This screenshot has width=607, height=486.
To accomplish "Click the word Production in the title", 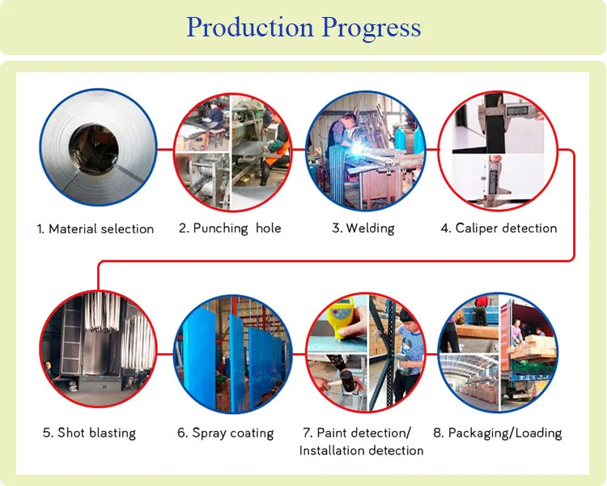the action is pyautogui.click(x=250, y=28).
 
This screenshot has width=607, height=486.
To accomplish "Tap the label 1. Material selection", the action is pyautogui.click(x=96, y=229).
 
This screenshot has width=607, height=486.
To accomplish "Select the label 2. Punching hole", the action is pyautogui.click(x=230, y=228).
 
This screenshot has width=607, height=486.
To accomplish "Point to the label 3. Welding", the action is pyautogui.click(x=363, y=228).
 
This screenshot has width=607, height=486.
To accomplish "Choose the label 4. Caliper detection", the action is pyautogui.click(x=499, y=228).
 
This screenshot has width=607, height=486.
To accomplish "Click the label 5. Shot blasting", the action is pyautogui.click(x=89, y=433).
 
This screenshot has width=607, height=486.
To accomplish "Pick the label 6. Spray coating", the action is pyautogui.click(x=225, y=433).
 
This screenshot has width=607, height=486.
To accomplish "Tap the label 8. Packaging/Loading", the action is pyautogui.click(x=498, y=433).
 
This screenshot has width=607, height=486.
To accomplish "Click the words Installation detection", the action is pyautogui.click(x=361, y=450).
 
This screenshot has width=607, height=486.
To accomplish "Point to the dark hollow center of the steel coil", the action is pyautogui.click(x=94, y=146).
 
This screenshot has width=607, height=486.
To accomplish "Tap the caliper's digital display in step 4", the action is pyautogui.click(x=518, y=111).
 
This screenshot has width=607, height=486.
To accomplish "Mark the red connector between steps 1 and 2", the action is pyautogui.click(x=165, y=149).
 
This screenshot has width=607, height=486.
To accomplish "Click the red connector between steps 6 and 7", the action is pyautogui.click(x=299, y=353).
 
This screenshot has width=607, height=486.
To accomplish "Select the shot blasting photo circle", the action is pyautogui.click(x=98, y=349).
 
